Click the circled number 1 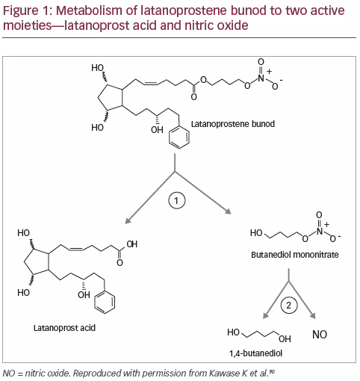click(177, 200)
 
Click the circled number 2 click(289, 305)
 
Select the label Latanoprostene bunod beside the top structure click(233, 124)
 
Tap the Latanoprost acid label click(64, 328)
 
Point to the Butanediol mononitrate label click(295, 255)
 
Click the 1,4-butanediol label click(256, 353)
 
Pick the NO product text click(320, 335)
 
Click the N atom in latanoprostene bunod click(261, 78)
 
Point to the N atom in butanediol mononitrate click(320, 231)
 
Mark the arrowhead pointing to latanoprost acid click(128, 220)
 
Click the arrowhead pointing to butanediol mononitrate click(228, 211)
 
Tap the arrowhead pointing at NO click(313, 315)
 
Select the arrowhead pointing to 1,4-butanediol click(266, 315)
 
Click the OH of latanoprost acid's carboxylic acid click(132, 244)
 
